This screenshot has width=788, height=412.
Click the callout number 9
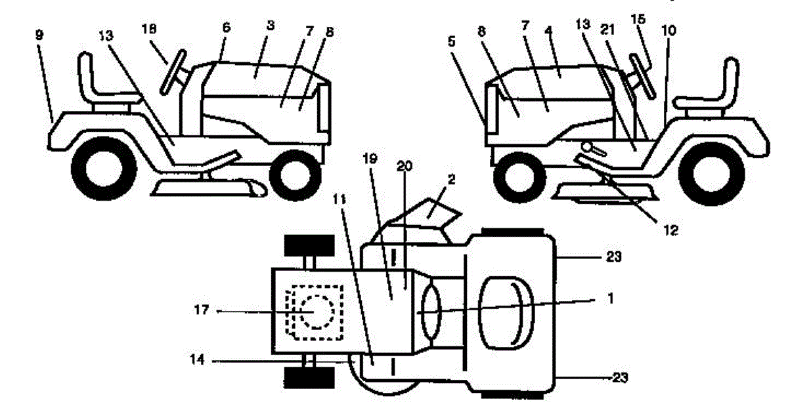pyautogui.click(x=39, y=35)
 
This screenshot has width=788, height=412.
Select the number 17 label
pyautogui.click(x=202, y=311)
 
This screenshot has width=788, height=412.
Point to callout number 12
pyautogui.click(x=670, y=230)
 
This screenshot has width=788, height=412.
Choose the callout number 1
pyautogui.click(x=610, y=297)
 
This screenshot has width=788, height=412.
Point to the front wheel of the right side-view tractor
pyautogui.click(x=515, y=176)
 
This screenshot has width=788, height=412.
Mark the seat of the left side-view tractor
pyautogui.click(x=98, y=85)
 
